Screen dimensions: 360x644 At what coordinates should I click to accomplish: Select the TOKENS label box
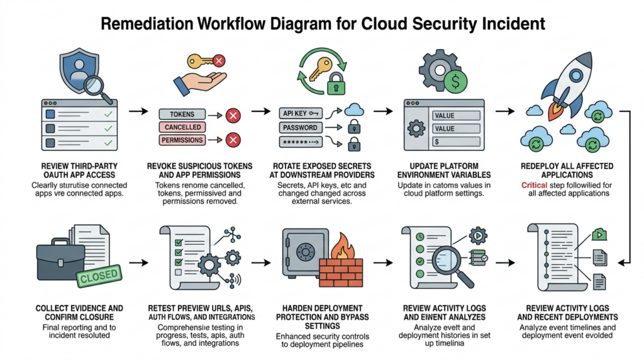182,115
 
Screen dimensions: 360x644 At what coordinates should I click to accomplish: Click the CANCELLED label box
182,127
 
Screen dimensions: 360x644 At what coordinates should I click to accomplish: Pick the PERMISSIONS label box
182,140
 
